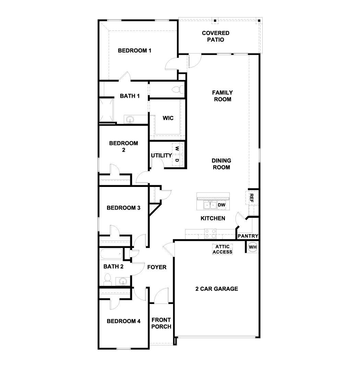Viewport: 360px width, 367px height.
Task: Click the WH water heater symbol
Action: coord(253,247)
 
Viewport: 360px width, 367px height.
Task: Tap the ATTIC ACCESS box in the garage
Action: coord(223,249)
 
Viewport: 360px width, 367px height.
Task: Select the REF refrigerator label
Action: coord(251,198)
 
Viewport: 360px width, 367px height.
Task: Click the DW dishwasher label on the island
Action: coord(222,205)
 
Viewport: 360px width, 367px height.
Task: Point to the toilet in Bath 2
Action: coord(107,279)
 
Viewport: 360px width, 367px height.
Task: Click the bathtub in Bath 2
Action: coord(111,255)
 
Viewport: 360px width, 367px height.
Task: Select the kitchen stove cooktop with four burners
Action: coord(211,234)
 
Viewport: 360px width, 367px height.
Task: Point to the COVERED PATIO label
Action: coord(215,36)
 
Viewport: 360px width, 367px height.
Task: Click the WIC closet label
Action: coord(168,118)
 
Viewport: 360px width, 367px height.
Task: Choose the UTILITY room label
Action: coord(161,156)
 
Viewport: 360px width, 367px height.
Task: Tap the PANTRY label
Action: coord(248,236)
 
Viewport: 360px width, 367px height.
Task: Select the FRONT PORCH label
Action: coord(161,323)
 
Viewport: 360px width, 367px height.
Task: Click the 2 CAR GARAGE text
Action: coord(217,289)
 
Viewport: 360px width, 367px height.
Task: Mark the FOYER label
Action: coord(157,267)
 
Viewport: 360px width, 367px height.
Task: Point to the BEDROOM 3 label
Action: coord(123,208)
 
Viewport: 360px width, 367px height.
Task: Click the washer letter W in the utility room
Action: coord(177,149)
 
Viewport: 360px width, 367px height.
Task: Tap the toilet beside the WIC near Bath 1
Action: coord(177,90)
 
